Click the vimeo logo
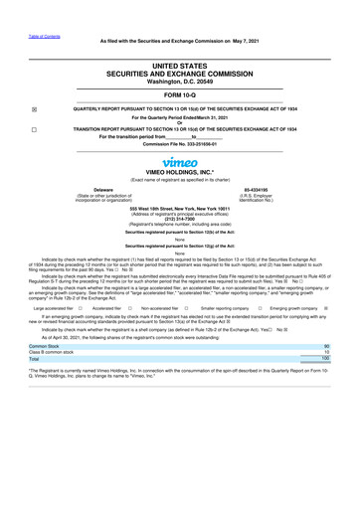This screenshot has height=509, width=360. [x=180, y=162]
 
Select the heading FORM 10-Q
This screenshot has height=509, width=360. [x=180, y=97]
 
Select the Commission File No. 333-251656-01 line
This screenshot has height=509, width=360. [x=180, y=145]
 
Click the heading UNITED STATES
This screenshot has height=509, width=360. [x=180, y=63]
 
